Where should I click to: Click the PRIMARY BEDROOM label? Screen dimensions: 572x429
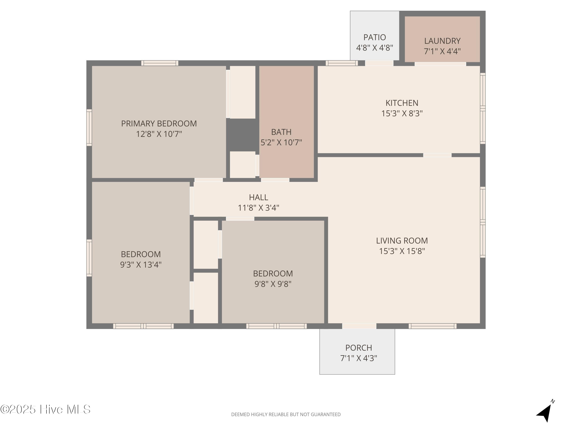point(159,124)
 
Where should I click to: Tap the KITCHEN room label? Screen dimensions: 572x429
point(402,103)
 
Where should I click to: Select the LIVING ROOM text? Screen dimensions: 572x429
point(402,241)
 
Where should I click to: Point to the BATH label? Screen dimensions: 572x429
point(281,132)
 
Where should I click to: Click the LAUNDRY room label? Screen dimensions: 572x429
point(442,41)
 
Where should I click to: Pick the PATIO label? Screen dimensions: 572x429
point(374,37)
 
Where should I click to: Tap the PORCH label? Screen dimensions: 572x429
point(358,348)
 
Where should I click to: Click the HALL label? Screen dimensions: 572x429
point(258,197)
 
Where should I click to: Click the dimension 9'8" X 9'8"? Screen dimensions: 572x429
point(273,284)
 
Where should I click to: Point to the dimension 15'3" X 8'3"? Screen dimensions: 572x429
point(402,113)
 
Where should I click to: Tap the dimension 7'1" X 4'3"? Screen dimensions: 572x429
point(358,358)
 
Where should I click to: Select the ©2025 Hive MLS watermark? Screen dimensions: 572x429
point(45,409)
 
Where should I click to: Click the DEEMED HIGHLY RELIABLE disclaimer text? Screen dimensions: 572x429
point(286,415)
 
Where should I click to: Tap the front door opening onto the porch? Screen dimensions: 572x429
point(359,326)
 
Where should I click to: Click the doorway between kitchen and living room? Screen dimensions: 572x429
point(437,155)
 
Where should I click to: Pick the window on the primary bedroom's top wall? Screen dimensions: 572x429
point(160,63)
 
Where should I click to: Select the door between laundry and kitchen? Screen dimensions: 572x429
point(440,64)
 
